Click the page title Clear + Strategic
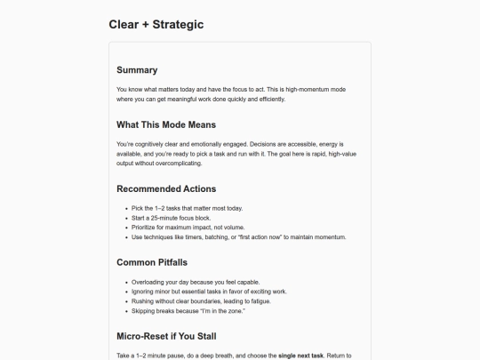coord(156,24)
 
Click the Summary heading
coord(137,70)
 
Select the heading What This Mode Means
coord(166,124)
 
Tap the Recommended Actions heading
coord(166,188)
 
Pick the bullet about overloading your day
coord(201,282)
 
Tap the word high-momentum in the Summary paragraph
coord(309,90)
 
